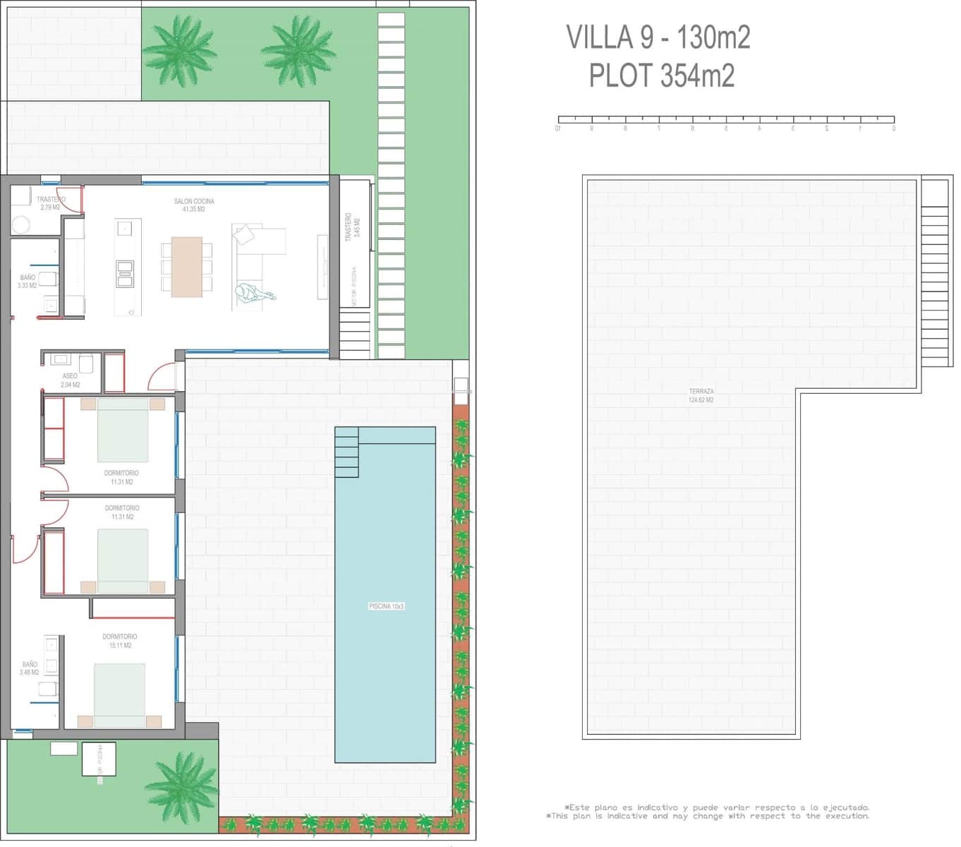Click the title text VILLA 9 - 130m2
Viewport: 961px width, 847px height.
pyautogui.click(x=658, y=37)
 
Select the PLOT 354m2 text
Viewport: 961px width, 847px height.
pyautogui.click(x=661, y=76)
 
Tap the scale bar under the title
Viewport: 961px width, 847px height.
pyautogui.click(x=726, y=120)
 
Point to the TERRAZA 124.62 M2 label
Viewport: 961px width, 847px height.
pyautogui.click(x=701, y=395)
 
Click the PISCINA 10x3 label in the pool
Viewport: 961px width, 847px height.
pyautogui.click(x=386, y=606)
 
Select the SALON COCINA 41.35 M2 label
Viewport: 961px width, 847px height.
pyautogui.click(x=193, y=205)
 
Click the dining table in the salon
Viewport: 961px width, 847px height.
pyautogui.click(x=186, y=266)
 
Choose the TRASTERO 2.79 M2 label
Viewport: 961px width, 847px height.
pyautogui.click(x=50, y=203)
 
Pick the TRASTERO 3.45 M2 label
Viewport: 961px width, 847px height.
pyautogui.click(x=352, y=226)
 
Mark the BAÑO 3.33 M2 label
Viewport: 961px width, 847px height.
pyautogui.click(x=28, y=282)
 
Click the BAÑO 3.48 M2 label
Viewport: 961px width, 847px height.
pyautogui.click(x=29, y=668)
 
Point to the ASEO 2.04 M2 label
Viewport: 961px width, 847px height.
pyautogui.click(x=70, y=380)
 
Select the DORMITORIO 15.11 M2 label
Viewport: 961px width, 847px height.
pyautogui.click(x=119, y=641)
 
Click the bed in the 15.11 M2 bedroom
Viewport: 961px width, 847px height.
pyautogui.click(x=119, y=695)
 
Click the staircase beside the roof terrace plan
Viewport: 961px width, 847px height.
pyautogui.click(x=935, y=272)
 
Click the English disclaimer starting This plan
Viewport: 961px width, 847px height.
pyautogui.click(x=708, y=816)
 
